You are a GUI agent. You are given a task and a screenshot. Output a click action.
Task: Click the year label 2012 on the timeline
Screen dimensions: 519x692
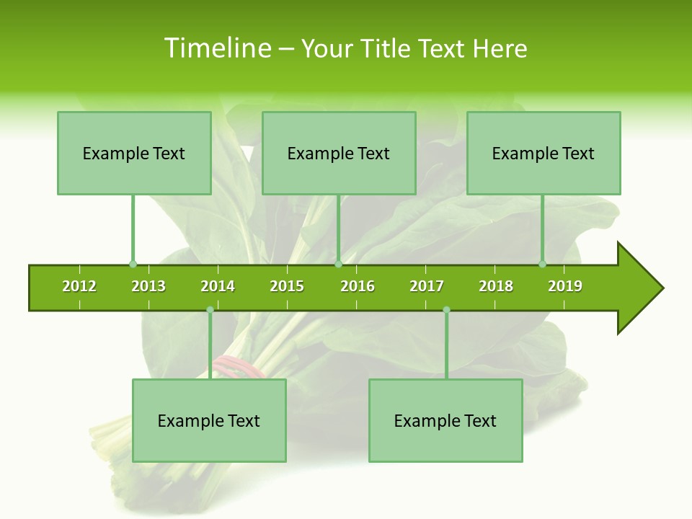coord(79,286)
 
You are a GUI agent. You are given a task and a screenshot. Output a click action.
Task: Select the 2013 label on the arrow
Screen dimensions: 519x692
coord(148,286)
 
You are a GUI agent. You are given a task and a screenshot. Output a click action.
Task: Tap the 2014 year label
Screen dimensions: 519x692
coord(218,286)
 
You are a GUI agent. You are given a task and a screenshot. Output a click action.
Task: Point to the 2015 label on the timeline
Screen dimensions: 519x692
coord(287,286)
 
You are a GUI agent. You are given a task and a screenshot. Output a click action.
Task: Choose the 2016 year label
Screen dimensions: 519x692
coord(358,286)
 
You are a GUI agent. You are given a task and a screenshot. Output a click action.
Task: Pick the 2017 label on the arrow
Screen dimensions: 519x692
coord(427,286)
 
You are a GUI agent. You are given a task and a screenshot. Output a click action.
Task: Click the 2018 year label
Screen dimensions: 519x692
coord(496,286)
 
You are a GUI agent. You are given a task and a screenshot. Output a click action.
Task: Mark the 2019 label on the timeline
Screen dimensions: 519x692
coord(565,286)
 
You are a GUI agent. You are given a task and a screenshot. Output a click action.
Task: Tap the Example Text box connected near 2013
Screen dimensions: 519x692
coord(134,153)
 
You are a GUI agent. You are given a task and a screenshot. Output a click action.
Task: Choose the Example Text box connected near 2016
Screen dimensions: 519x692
coord(339,153)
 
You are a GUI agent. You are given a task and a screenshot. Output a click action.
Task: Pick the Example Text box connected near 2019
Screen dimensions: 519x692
coord(544,153)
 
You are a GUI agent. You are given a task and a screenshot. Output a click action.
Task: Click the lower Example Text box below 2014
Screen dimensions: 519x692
coord(209,420)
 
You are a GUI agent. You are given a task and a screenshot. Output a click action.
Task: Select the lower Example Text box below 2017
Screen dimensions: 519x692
coord(445,420)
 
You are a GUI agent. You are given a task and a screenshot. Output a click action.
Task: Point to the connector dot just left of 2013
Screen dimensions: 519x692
coord(133,264)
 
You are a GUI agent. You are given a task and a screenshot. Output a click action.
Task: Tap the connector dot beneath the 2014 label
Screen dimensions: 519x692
coord(210,310)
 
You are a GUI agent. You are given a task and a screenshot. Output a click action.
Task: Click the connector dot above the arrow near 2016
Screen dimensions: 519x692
coord(339,264)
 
